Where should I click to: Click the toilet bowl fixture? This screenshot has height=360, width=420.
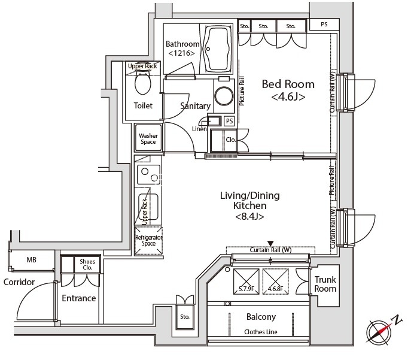click(143, 82)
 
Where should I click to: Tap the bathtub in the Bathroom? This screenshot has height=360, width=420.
click(218, 49)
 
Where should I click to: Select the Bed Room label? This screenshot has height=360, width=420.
click(288, 84)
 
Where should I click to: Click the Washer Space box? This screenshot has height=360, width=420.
click(148, 138)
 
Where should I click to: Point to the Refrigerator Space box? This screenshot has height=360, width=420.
click(148, 241)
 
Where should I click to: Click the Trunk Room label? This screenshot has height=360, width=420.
click(325, 284)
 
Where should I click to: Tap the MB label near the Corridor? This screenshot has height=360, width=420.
click(31, 260)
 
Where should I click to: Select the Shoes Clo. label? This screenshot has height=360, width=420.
click(87, 264)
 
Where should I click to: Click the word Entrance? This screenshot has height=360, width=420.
click(79, 298)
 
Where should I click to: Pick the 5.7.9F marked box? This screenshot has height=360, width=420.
click(246, 282)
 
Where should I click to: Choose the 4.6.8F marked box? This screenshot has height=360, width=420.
click(276, 282)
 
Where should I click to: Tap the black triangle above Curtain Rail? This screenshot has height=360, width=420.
click(271, 243)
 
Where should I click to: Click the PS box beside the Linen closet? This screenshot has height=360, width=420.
click(229, 121)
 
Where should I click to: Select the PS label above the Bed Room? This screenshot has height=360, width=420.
click(324, 24)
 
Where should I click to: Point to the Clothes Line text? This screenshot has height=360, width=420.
click(261, 332)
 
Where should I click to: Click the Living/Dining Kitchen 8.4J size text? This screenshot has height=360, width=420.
click(249, 216)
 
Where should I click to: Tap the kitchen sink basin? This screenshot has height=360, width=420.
click(148, 206)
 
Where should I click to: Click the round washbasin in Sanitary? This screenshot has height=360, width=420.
click(224, 96)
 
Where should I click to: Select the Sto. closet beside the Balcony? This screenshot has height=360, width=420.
click(185, 317)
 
